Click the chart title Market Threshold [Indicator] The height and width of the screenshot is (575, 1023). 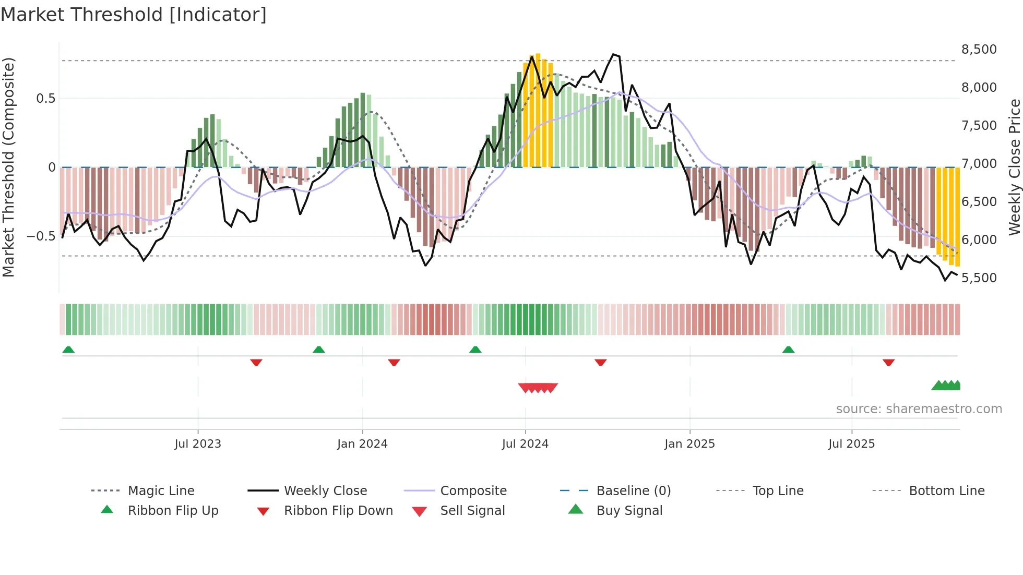click(134, 15)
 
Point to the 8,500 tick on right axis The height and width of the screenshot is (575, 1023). click(979, 50)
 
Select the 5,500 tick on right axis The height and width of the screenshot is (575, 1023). click(979, 278)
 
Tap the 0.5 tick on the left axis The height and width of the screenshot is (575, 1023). click(46, 99)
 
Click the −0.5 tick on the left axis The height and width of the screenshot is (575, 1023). click(41, 236)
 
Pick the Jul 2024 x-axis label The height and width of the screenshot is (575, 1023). click(525, 444)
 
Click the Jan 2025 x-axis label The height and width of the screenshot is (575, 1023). click(689, 444)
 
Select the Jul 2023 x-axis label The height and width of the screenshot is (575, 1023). click(198, 444)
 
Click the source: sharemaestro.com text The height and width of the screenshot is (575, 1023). click(919, 409)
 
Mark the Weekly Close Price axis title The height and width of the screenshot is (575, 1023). click(1014, 167)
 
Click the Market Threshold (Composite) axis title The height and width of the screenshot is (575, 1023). click(8, 167)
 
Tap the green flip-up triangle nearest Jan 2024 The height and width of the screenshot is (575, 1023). click(319, 350)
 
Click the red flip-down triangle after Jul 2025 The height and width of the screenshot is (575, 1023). click(888, 362)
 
